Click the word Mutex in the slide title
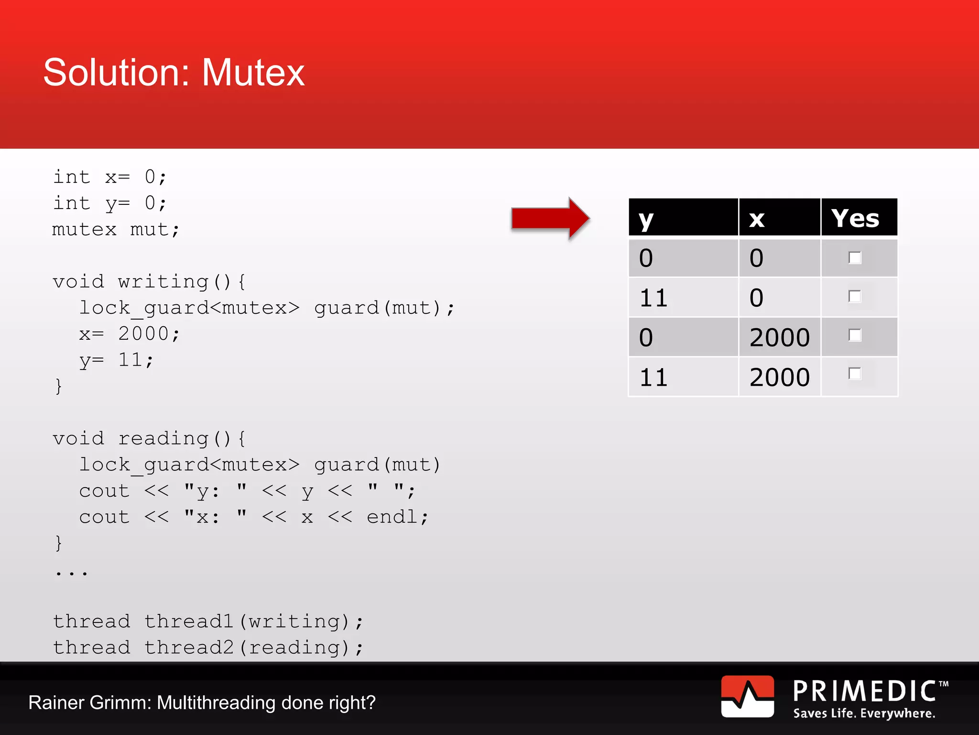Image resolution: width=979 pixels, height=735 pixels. pos(253,73)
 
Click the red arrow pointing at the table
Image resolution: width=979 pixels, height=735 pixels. pos(550,218)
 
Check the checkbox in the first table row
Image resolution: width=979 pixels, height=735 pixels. pos(855,258)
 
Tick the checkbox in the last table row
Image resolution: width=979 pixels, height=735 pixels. pos(855,374)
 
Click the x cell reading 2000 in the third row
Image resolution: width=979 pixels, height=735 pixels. pos(779,337)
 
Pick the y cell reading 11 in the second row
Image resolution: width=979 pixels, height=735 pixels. pos(653,298)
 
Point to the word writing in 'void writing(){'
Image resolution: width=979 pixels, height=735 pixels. pos(163,282)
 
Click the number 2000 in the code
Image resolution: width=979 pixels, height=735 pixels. pos(143,334)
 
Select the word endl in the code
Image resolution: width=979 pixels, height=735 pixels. pos(392,517)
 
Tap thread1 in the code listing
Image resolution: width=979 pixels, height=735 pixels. pos(189,621)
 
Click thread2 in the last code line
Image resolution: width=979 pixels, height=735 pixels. pos(189,647)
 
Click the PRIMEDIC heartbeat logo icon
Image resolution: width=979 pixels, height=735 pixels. pos(747,696)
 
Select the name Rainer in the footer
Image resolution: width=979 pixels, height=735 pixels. pos(56,702)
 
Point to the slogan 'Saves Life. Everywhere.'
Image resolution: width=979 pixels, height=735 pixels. pos(864,713)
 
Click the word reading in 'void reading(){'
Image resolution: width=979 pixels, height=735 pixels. pos(163,439)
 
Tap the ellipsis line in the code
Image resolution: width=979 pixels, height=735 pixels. pos(72,572)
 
